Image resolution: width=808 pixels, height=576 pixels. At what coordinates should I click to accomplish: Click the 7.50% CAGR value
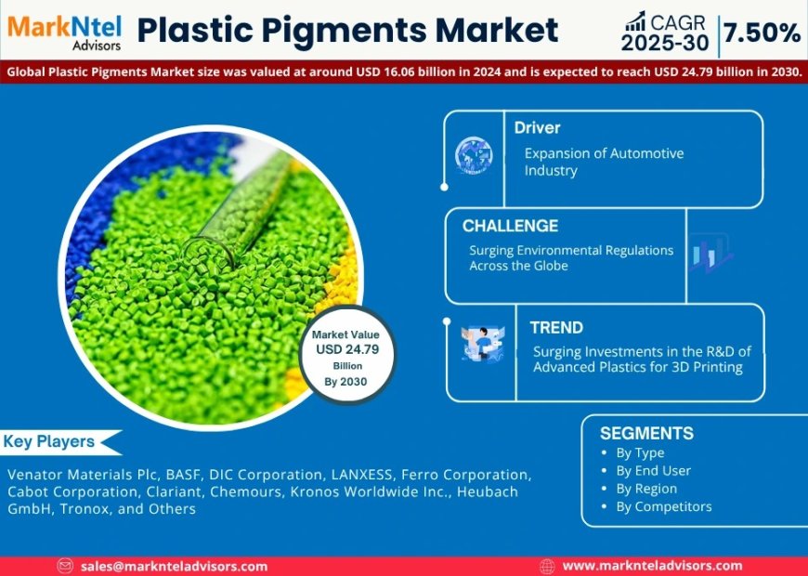(762, 33)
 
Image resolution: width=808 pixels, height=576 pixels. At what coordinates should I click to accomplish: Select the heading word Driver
(538, 127)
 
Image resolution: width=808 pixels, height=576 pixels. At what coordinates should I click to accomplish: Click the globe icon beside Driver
(474, 155)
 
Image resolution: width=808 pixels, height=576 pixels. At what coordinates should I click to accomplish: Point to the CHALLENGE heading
(510, 226)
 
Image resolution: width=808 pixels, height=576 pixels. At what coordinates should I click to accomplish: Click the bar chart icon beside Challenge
(710, 253)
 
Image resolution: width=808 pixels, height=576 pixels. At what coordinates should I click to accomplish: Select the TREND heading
(556, 327)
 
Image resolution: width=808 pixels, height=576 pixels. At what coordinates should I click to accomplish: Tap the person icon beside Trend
(482, 343)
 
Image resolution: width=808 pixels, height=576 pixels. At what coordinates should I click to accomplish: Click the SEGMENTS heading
(646, 433)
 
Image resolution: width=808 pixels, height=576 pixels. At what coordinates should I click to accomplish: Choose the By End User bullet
(653, 470)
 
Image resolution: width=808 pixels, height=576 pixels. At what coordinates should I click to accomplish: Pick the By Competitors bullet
(663, 506)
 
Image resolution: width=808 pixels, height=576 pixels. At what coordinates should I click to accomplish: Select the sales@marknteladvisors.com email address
(174, 566)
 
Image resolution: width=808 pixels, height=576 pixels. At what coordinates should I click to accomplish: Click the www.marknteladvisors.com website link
(652, 566)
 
